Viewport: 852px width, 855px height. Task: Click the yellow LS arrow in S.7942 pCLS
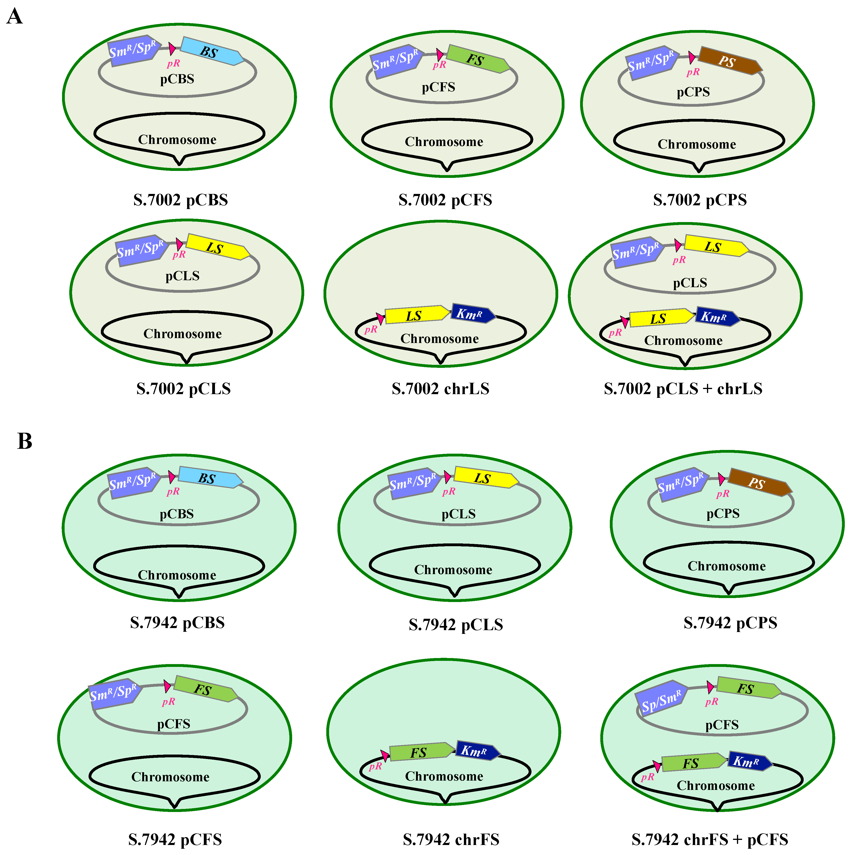484,478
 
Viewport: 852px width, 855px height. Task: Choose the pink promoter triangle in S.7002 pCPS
691,57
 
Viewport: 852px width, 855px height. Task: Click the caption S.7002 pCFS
445,200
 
